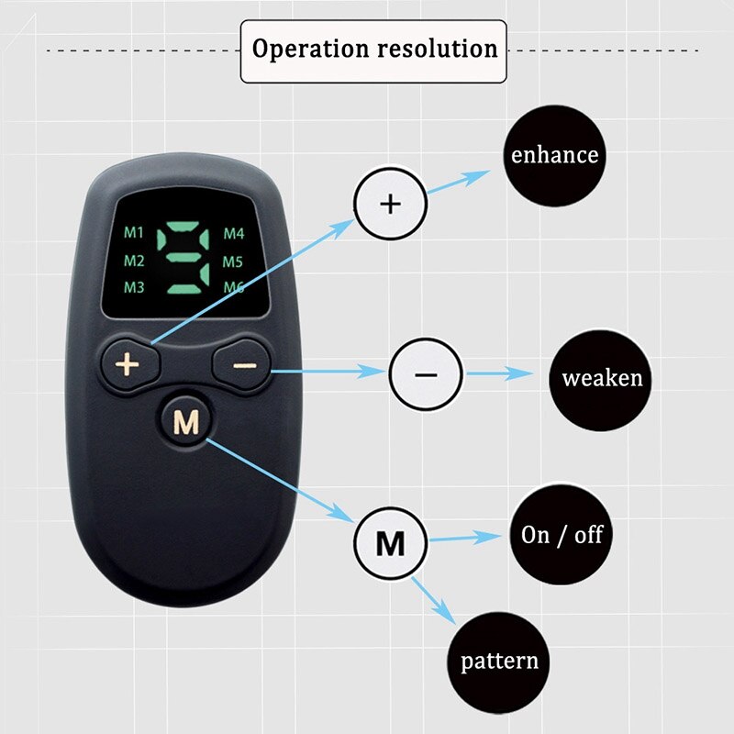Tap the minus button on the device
click(x=244, y=364)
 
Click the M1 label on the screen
click(x=134, y=232)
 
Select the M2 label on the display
click(x=134, y=261)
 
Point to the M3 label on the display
click(x=134, y=288)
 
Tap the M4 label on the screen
click(x=234, y=233)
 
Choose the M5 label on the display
click(x=234, y=261)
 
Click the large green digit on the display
click(x=183, y=261)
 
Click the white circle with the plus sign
click(x=391, y=203)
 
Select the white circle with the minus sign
click(x=427, y=373)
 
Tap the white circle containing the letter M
click(x=391, y=543)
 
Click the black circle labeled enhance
click(x=554, y=155)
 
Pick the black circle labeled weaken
click(x=602, y=377)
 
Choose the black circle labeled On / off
click(x=562, y=535)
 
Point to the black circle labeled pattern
click(x=499, y=661)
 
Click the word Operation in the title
click(x=310, y=48)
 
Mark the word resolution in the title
click(x=438, y=48)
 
